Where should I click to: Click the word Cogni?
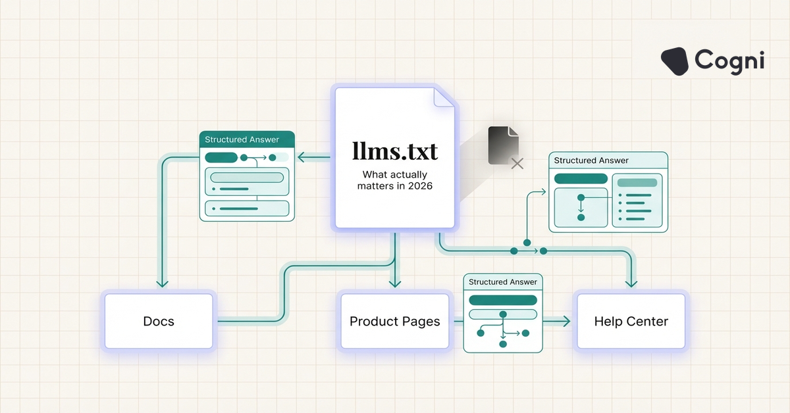click(729, 61)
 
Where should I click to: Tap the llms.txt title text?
click(395, 152)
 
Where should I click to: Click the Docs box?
click(159, 321)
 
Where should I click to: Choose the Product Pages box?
click(395, 321)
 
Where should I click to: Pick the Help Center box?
click(631, 321)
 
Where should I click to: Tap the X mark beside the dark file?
click(517, 163)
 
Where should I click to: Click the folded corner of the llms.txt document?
click(444, 97)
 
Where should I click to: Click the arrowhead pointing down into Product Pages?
click(395, 283)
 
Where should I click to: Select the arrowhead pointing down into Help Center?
click(631, 283)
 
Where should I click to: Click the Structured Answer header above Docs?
click(242, 139)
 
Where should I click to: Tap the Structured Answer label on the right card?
click(591, 160)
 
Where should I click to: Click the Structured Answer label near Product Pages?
click(503, 281)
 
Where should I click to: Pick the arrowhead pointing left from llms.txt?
click(302, 157)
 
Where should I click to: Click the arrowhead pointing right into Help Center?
click(566, 321)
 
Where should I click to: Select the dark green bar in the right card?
click(581, 179)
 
